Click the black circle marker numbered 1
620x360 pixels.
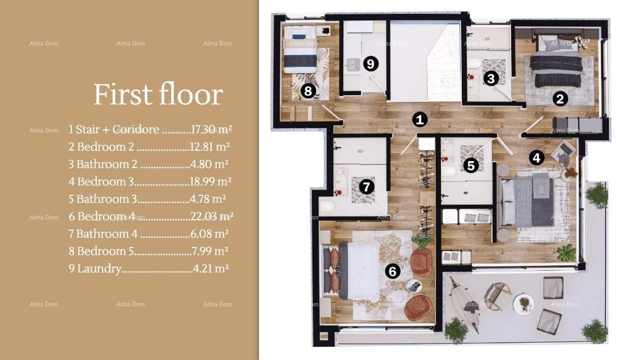(x=420, y=120)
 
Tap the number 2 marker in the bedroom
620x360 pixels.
(x=559, y=99)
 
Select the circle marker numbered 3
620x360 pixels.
(x=491, y=78)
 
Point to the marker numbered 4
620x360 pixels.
(x=536, y=157)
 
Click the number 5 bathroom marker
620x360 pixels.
(x=471, y=166)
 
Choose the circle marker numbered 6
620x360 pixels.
(x=392, y=271)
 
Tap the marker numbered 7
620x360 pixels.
(x=366, y=187)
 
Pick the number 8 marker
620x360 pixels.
(x=308, y=90)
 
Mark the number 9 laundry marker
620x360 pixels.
(x=371, y=64)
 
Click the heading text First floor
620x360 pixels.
(x=158, y=94)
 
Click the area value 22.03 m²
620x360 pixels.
(x=211, y=216)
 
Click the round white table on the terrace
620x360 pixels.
(x=524, y=303)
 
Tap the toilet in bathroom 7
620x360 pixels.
(x=327, y=206)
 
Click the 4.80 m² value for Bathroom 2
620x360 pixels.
(x=209, y=164)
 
